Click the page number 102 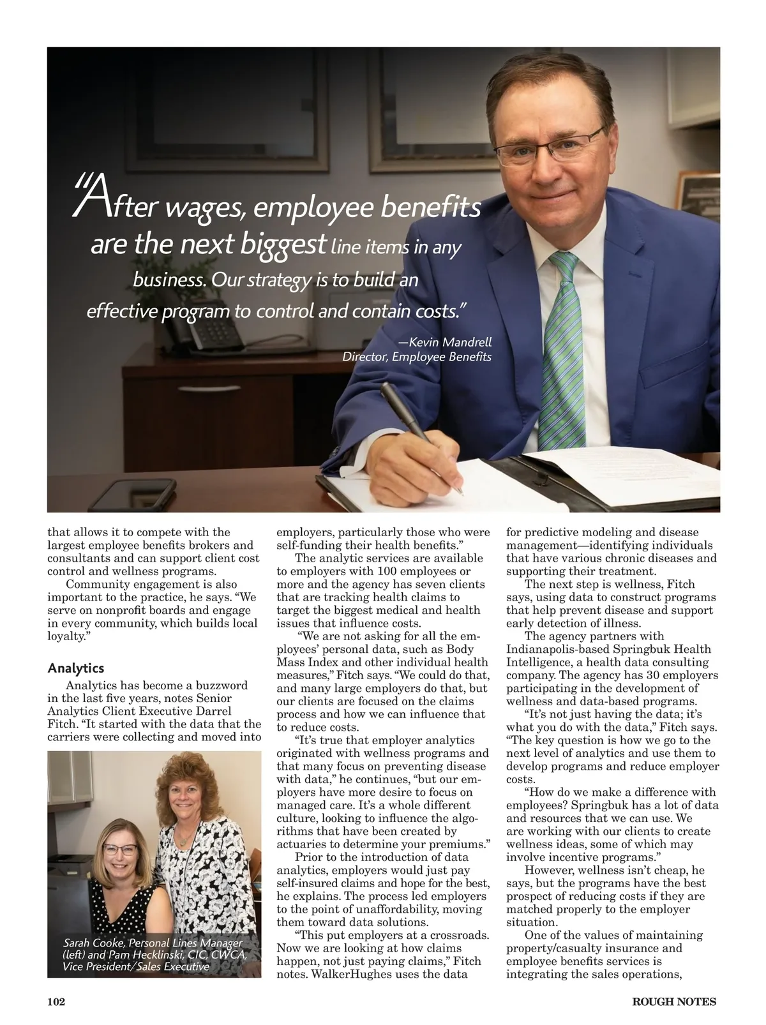56,1001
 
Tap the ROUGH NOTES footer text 674,1001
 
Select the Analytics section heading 76,668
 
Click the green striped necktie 562,351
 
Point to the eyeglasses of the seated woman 119,849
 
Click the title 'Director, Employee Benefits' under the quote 417,357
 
